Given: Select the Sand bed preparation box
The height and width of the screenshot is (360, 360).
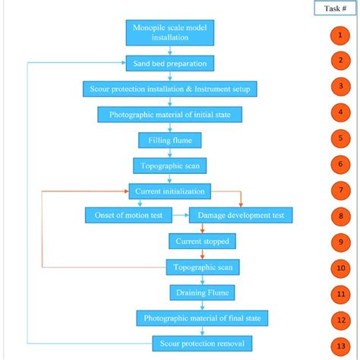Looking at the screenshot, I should pyautogui.click(x=169, y=63).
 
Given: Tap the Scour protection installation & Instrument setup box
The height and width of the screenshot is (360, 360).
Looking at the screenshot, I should pyautogui.click(x=170, y=89).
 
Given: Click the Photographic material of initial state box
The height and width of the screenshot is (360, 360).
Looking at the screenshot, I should pyautogui.click(x=169, y=115).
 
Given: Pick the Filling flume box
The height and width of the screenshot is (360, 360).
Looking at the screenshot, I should pyautogui.click(x=169, y=140).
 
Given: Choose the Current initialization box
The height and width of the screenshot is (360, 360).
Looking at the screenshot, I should pyautogui.click(x=169, y=191).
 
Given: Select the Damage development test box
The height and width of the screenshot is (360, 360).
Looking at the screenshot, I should pyautogui.click(x=241, y=216).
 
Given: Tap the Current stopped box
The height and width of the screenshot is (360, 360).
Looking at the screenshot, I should pyautogui.click(x=201, y=241).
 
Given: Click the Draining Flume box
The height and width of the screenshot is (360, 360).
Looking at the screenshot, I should pyautogui.click(x=201, y=292).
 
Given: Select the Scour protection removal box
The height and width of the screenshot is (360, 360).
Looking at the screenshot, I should pyautogui.click(x=202, y=343).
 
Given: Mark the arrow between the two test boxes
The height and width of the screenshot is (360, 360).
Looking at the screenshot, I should pyautogui.click(x=181, y=216).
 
